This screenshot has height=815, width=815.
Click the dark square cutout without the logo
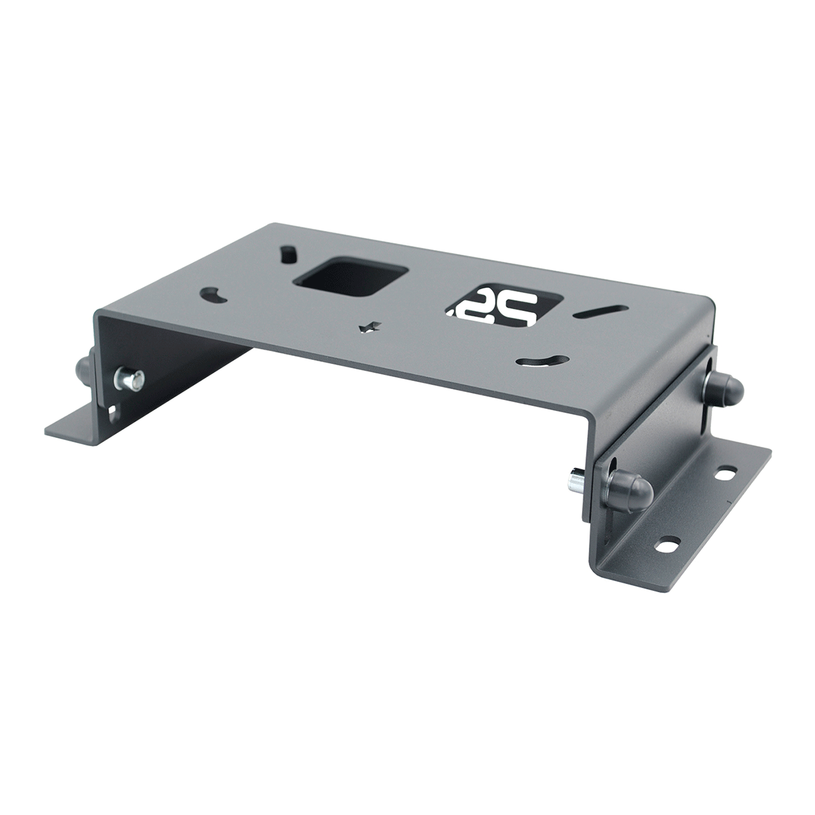pyautogui.click(x=349, y=279)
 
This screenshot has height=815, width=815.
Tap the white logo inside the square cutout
pyautogui.click(x=504, y=308)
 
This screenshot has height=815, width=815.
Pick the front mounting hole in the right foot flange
pyautogui.click(x=670, y=543)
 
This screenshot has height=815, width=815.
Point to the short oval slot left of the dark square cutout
pyautogui.click(x=289, y=253)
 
